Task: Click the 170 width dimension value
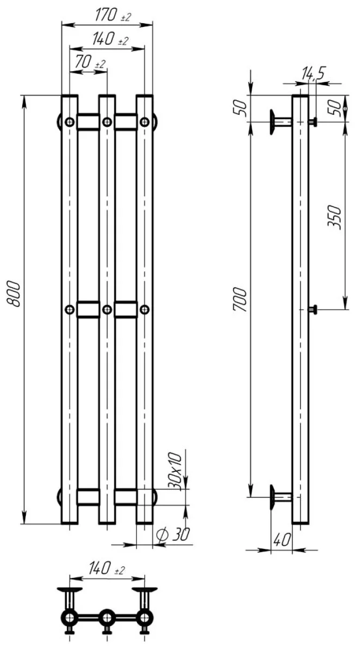click(x=106, y=15)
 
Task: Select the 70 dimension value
click(x=84, y=62)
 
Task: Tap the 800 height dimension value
click(x=13, y=293)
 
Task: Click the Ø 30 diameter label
click(x=172, y=534)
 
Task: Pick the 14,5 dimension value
click(x=313, y=73)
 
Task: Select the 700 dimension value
click(x=240, y=300)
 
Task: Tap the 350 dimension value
click(x=335, y=217)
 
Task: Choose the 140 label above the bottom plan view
click(x=99, y=568)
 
